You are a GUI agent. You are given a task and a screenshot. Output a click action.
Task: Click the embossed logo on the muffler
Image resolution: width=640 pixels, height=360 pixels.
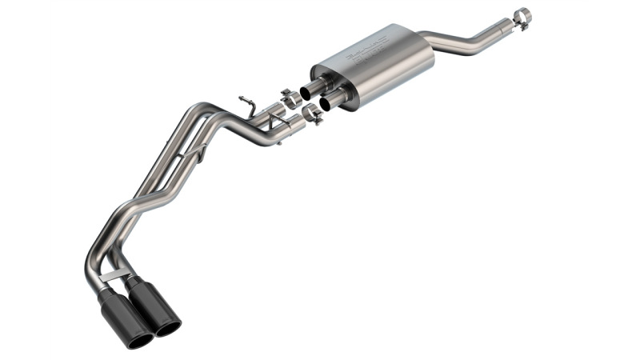tap(366, 48)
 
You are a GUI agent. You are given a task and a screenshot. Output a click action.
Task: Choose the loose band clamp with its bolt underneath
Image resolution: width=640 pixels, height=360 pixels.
tap(311, 115)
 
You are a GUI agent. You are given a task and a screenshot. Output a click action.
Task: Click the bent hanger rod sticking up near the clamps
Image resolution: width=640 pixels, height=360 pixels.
tap(247, 105)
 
